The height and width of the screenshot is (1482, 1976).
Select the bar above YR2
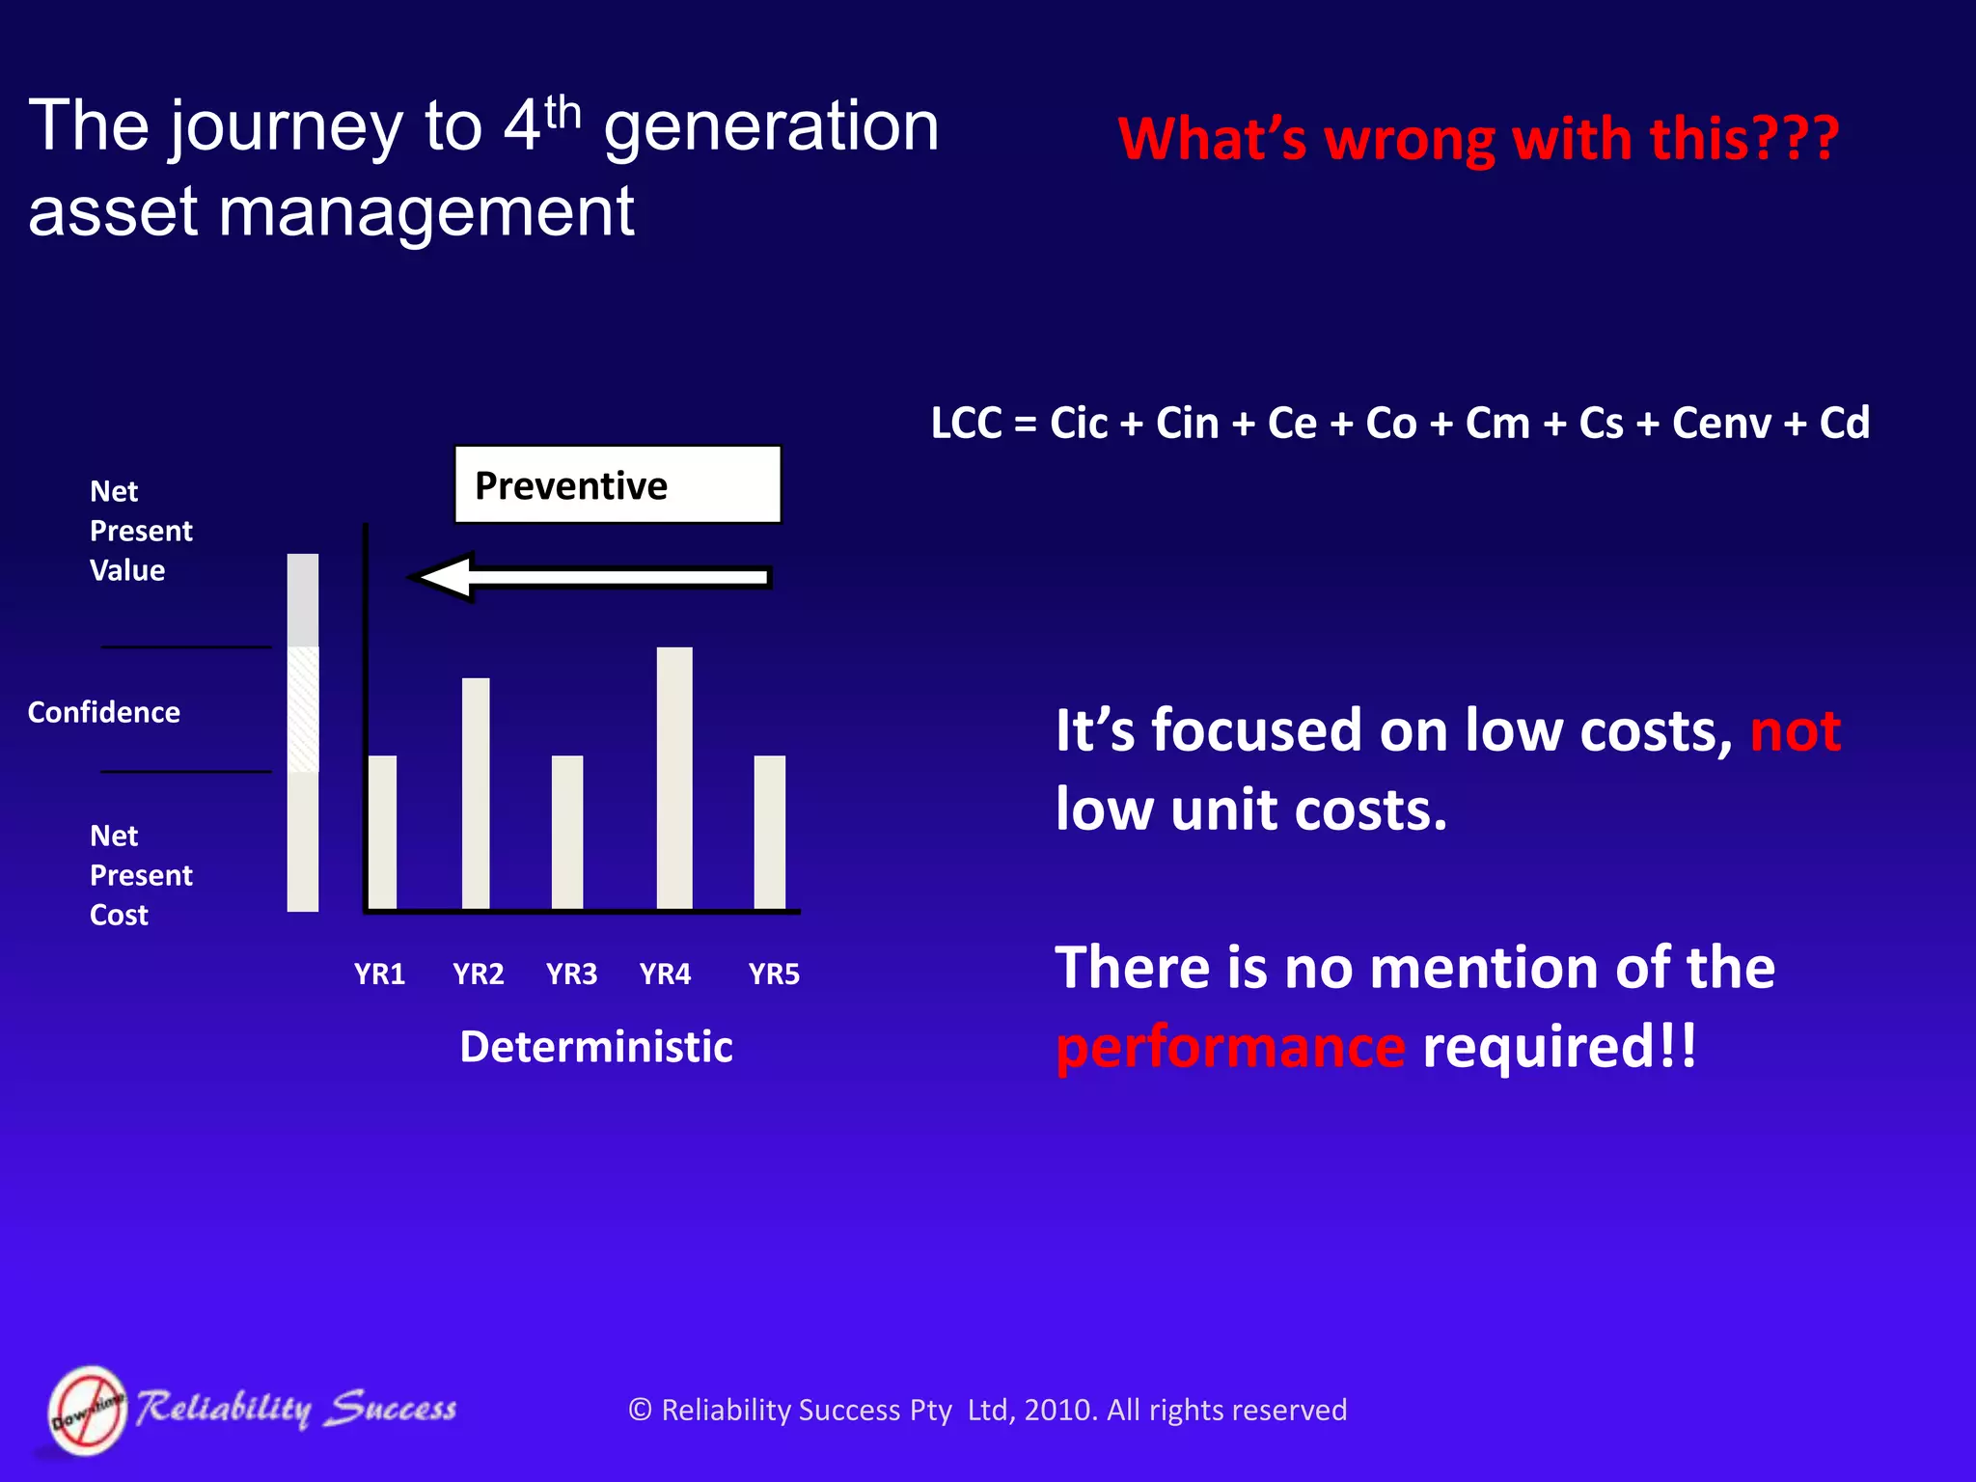click(x=476, y=793)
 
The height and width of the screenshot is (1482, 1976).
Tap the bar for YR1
click(x=383, y=832)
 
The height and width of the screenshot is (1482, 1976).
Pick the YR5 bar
click(x=769, y=832)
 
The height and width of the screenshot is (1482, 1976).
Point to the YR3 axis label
click(x=571, y=974)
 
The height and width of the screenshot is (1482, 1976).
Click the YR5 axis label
click(x=774, y=974)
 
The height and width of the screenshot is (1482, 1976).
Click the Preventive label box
click(x=617, y=485)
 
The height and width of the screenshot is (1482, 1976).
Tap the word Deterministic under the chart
click(x=596, y=1047)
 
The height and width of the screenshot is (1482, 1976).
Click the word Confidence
click(x=104, y=712)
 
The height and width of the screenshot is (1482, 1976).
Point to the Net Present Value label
click(x=140, y=531)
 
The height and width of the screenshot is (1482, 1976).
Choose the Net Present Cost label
click(x=140, y=875)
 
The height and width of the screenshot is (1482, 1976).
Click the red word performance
click(x=1230, y=1049)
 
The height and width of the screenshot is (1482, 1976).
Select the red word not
click(x=1795, y=730)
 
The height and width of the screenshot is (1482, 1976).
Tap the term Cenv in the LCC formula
click(x=1721, y=424)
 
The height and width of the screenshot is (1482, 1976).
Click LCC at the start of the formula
click(x=966, y=424)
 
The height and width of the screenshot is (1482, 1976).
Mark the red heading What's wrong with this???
click(x=1478, y=139)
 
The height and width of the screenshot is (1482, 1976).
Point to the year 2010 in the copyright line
click(x=1059, y=1411)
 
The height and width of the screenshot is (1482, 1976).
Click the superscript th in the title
click(x=563, y=114)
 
